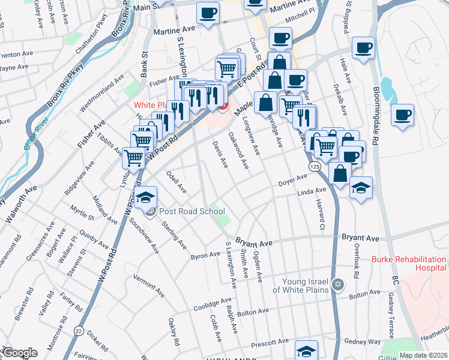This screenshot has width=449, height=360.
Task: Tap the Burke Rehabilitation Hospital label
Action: point(409,264)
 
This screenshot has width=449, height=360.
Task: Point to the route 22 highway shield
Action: point(79,329)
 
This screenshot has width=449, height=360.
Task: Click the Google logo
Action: point(20,353)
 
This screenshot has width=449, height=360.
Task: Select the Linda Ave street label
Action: point(312,191)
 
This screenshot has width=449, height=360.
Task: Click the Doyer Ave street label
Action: point(293,180)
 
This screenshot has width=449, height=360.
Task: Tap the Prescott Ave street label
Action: point(271,343)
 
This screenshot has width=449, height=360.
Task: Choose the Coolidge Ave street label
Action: point(212,304)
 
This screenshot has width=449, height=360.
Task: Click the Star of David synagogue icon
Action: point(338,283)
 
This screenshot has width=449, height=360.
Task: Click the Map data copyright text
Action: point(423,355)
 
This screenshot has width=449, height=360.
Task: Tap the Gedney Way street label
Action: point(366,341)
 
